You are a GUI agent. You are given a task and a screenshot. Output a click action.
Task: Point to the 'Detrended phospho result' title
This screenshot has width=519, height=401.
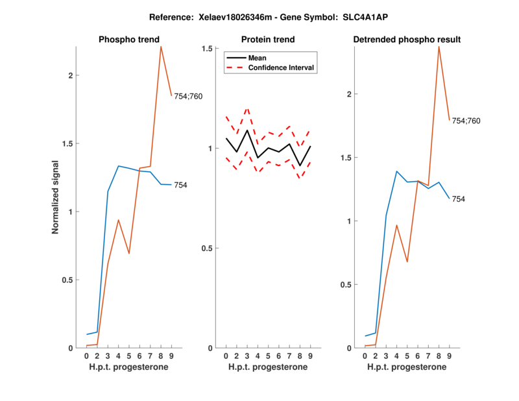pyautogui.click(x=407, y=40)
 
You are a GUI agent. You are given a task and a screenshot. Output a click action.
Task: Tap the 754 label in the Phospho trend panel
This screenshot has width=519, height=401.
pyautogui.click(x=181, y=185)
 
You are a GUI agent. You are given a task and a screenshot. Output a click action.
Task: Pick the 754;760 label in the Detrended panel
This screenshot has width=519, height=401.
pyautogui.click(x=466, y=121)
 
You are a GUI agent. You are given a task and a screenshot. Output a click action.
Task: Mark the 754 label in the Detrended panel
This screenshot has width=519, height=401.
pyautogui.click(x=459, y=199)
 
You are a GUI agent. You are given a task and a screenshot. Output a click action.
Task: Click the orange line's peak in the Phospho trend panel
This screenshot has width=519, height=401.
pyautogui.click(x=161, y=47)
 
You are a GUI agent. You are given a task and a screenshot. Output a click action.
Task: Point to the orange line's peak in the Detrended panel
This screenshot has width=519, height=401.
pyautogui.click(x=439, y=47)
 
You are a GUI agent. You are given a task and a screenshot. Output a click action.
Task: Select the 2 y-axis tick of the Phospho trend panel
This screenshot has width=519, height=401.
pyautogui.click(x=70, y=76)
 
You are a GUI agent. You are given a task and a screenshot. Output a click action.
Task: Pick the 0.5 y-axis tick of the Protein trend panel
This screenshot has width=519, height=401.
pyautogui.click(x=207, y=249)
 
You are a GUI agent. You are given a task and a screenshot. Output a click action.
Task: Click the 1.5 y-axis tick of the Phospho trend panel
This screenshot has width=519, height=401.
pyautogui.click(x=67, y=144)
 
